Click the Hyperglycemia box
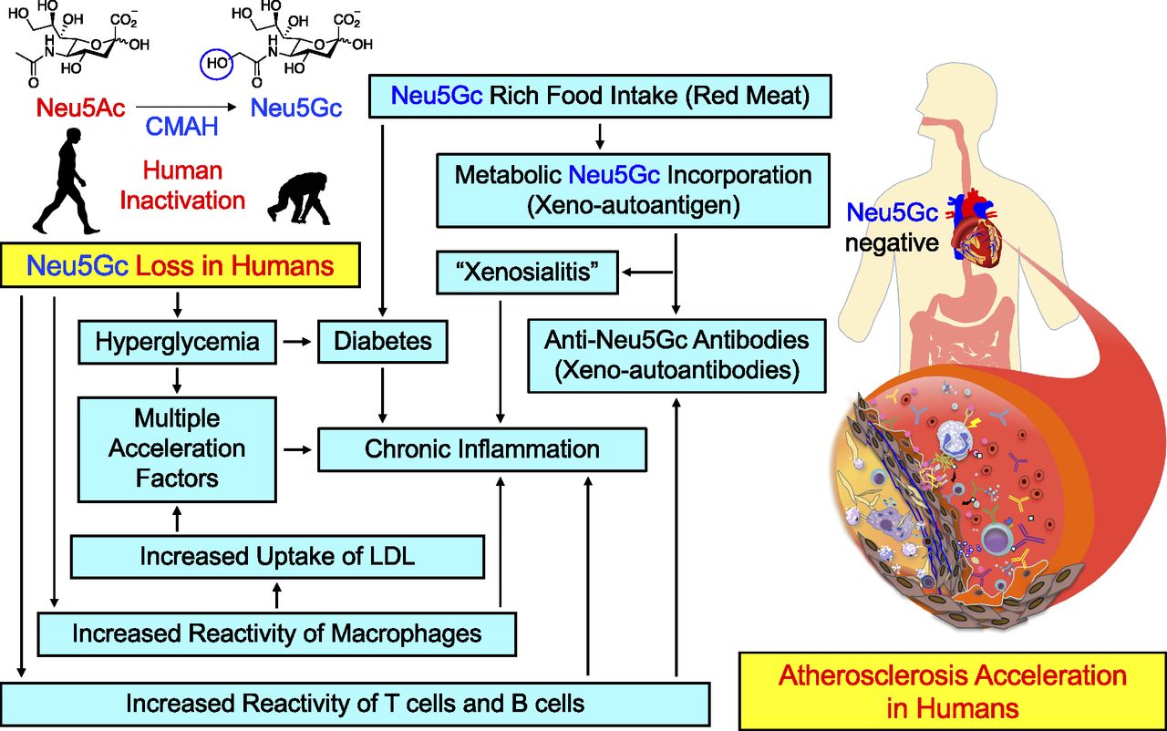tap(177, 343)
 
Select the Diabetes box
tap(382, 343)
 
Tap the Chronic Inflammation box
tap(481, 449)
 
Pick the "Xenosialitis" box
tap(527, 272)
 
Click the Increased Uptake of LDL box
tap(277, 556)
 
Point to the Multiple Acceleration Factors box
tap(177, 448)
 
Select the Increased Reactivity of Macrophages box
tap(277, 632)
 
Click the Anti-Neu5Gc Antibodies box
tap(676, 355)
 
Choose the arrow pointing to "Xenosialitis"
tap(644, 271)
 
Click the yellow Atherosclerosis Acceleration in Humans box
tap(952, 691)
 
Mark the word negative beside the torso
tap(891, 243)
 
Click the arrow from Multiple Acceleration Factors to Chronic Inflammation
tap(296, 449)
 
